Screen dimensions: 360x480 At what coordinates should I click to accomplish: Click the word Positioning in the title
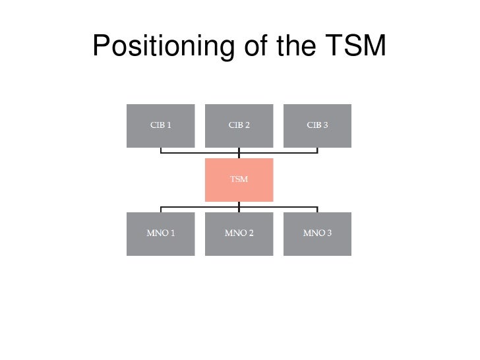point(162,47)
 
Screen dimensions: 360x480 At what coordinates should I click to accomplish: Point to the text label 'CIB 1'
point(160,125)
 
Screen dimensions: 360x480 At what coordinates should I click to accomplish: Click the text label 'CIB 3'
point(317,125)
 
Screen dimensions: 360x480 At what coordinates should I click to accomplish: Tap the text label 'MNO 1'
point(160,233)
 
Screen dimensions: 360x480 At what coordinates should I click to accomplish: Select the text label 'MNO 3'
point(317,233)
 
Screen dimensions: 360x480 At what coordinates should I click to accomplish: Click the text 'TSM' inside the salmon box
point(239,179)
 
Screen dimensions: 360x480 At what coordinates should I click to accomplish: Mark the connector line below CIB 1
point(161,150)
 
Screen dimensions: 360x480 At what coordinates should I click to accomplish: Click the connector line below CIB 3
point(317,150)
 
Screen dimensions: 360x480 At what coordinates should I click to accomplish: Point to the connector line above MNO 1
point(161,209)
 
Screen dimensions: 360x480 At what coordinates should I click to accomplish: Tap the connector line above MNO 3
point(317,209)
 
